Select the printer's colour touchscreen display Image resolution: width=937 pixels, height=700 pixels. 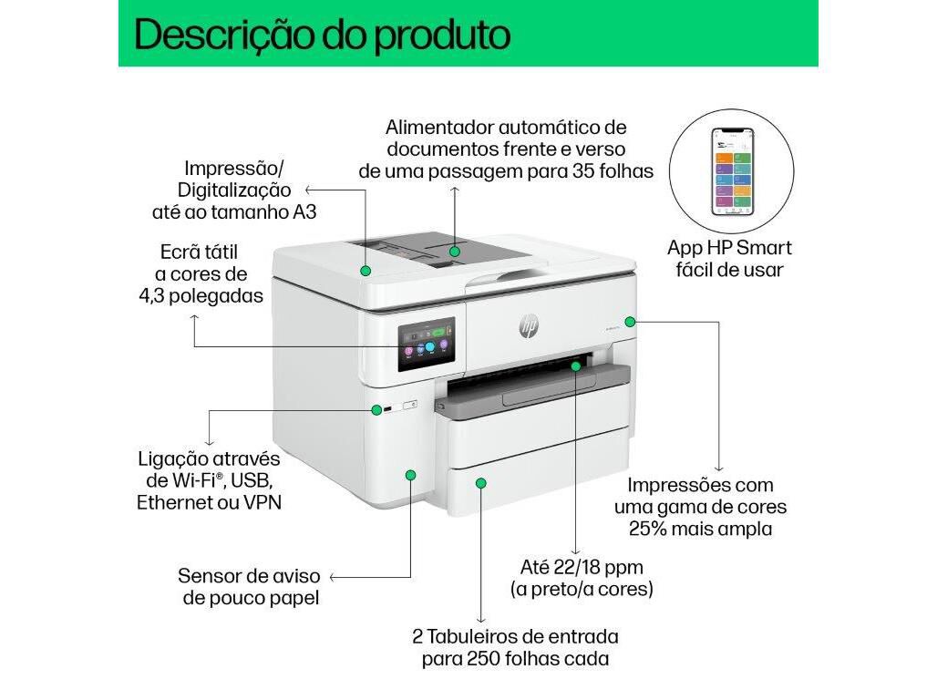click(426, 343)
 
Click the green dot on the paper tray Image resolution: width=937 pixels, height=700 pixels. click(480, 482)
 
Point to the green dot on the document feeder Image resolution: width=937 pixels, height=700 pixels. click(455, 249)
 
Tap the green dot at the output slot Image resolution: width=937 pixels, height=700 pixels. click(576, 365)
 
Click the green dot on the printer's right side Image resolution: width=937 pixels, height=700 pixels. click(631, 321)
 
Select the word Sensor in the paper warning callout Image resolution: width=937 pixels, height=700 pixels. click(209, 576)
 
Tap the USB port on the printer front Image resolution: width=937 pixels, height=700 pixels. click(388, 409)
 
